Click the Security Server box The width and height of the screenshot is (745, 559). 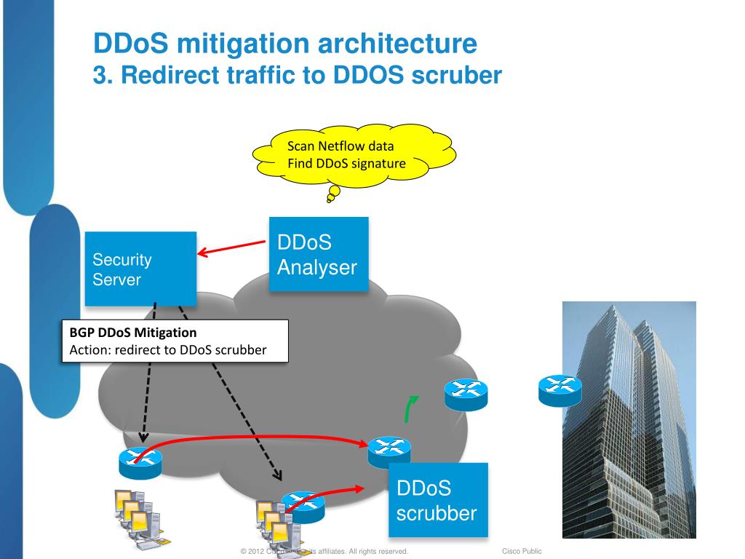pyautogui.click(x=140, y=269)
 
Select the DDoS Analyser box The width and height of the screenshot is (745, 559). pyautogui.click(x=318, y=254)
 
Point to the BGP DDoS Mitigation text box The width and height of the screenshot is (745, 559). pyautogui.click(x=174, y=341)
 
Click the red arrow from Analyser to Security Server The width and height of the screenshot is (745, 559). pyautogui.click(x=231, y=248)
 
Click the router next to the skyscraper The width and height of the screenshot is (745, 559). pyautogui.click(x=559, y=390)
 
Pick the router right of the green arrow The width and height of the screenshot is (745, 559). pyautogui.click(x=466, y=395)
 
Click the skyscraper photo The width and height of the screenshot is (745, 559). pyautogui.click(x=629, y=419)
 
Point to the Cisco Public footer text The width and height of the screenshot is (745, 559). pyautogui.click(x=522, y=552)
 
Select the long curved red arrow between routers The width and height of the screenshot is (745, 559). pyautogui.click(x=255, y=437)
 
